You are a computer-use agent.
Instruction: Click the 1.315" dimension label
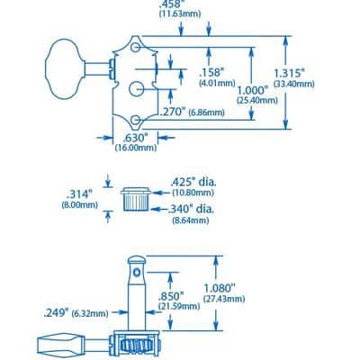tap(290, 74)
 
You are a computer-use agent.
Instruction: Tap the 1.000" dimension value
tap(252, 91)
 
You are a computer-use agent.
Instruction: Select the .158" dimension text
tap(212, 73)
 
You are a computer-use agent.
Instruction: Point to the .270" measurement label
tap(173, 112)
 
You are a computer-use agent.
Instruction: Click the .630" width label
tap(136, 139)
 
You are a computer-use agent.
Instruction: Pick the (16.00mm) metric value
tap(136, 148)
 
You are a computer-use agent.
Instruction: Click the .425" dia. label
tap(193, 183)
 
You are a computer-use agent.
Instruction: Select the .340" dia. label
tap(192, 209)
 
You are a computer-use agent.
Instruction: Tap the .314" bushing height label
tap(79, 194)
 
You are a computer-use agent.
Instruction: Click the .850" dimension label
tap(171, 296)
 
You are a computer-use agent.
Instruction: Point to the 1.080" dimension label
tap(219, 289)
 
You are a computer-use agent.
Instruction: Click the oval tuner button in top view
tap(64, 69)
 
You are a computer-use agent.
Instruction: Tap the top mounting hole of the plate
tap(135, 48)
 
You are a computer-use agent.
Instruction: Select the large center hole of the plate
tap(137, 89)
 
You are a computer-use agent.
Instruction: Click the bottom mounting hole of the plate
tap(136, 120)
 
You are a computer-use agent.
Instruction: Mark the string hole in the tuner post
tap(137, 273)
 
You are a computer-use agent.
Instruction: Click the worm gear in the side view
tap(137, 344)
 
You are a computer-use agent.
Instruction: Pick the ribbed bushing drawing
tap(135, 199)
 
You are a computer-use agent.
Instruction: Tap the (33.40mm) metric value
tap(294, 85)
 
